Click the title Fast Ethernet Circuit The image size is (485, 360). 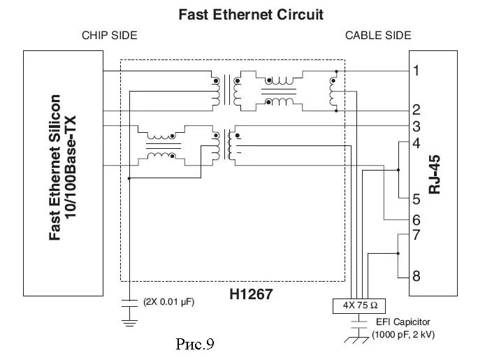click(x=251, y=14)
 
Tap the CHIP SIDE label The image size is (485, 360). click(x=110, y=35)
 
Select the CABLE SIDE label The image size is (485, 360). click(x=378, y=35)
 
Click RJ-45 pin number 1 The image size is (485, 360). click(x=416, y=71)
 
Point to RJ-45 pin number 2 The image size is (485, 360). click(x=416, y=110)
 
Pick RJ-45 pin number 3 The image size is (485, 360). click(x=416, y=127)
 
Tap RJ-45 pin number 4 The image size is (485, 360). click(x=416, y=143)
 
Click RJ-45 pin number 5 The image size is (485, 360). click(x=416, y=199)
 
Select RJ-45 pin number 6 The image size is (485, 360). click(x=416, y=219)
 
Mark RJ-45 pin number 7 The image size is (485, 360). click(x=416, y=235)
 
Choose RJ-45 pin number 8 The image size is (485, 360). click(x=416, y=276)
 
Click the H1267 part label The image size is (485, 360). click(x=251, y=295)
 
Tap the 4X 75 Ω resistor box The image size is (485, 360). click(x=360, y=305)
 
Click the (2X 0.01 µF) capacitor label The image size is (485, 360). click(x=168, y=303)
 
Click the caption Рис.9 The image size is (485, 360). click(x=193, y=343)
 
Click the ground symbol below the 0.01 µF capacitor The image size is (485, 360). click(x=129, y=322)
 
